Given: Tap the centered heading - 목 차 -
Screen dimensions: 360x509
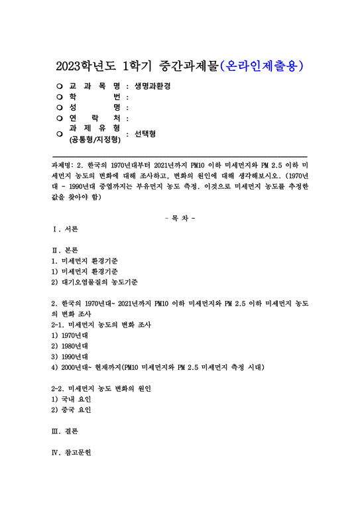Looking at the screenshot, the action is click(179, 217).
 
